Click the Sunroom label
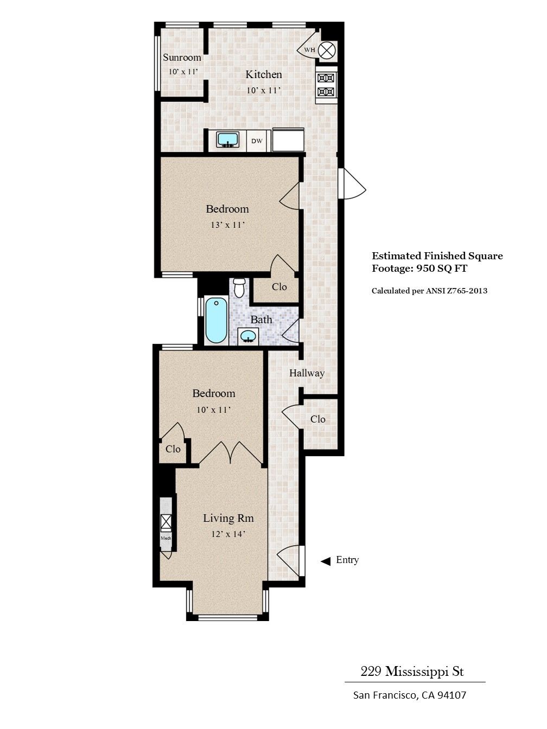click(182, 57)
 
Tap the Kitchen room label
click(264, 75)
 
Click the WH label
click(309, 50)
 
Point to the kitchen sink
click(228, 139)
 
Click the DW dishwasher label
click(257, 141)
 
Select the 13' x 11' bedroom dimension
click(227, 225)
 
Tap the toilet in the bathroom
click(239, 287)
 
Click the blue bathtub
click(216, 320)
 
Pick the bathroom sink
click(248, 336)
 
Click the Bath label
click(261, 320)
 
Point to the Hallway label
click(307, 373)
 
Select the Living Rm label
click(228, 518)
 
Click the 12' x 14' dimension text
click(228, 534)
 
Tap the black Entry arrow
click(326, 561)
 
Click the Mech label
click(166, 538)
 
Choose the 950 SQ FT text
click(441, 268)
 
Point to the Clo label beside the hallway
click(318, 419)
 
